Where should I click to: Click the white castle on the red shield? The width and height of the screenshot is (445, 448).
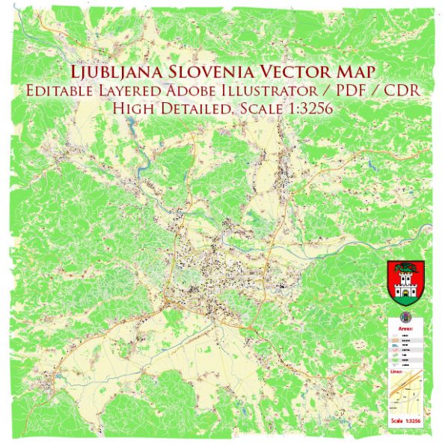click(x=406, y=287)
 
